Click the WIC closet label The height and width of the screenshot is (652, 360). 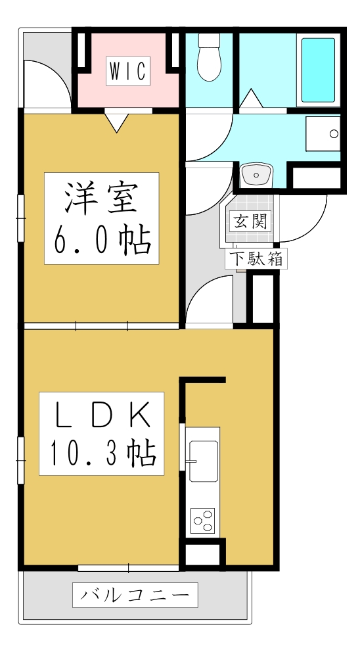(128, 71)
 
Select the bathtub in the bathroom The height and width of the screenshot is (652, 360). (318, 70)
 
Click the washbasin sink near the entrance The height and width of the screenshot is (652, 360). (256, 174)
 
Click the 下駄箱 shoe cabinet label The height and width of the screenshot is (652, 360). (256, 258)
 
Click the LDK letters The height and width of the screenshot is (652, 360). (101, 414)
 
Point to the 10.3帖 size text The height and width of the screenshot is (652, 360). (101, 454)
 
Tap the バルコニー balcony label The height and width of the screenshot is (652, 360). (135, 595)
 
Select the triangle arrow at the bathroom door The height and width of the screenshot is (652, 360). (250, 101)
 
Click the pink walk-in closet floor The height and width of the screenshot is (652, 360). (128, 92)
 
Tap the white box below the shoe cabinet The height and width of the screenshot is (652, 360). (263, 300)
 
